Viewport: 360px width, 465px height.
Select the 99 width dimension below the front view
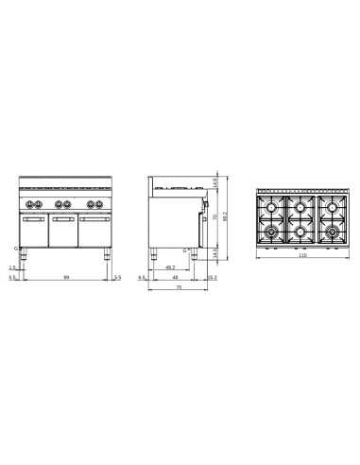tap(64, 276)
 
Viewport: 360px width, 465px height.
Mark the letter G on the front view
tap(15, 250)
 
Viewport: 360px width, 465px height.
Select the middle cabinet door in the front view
tap(64, 230)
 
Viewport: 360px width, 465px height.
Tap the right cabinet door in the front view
tap(94, 230)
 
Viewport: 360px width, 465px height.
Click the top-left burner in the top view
tap(272, 206)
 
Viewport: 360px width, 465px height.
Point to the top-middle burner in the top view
tap(300, 206)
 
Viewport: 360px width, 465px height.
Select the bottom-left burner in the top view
tap(272, 230)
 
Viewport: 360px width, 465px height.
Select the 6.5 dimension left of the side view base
tap(141, 278)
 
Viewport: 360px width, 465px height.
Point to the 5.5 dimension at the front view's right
tap(117, 278)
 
